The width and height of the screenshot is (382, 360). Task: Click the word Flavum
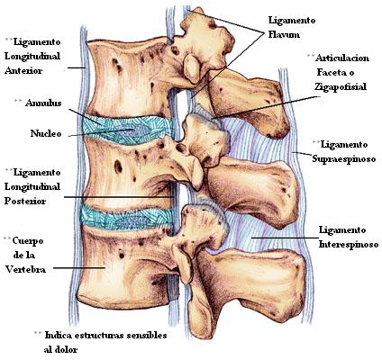284,34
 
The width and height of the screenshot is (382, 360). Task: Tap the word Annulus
43,103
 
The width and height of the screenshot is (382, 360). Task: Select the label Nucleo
46,133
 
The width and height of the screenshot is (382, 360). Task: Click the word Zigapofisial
341,87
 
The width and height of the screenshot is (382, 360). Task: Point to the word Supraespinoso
344,158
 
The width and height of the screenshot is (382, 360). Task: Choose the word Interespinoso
349,245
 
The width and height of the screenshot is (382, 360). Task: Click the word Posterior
25,201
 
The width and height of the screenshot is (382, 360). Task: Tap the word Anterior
23,71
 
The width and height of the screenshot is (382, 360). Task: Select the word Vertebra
26,269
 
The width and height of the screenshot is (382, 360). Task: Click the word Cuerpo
28,240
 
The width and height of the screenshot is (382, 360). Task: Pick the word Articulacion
342,58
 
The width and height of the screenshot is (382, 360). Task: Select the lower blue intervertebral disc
127,219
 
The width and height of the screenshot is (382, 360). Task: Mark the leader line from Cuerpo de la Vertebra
79,268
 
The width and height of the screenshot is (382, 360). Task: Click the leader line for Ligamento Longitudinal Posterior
118,197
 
